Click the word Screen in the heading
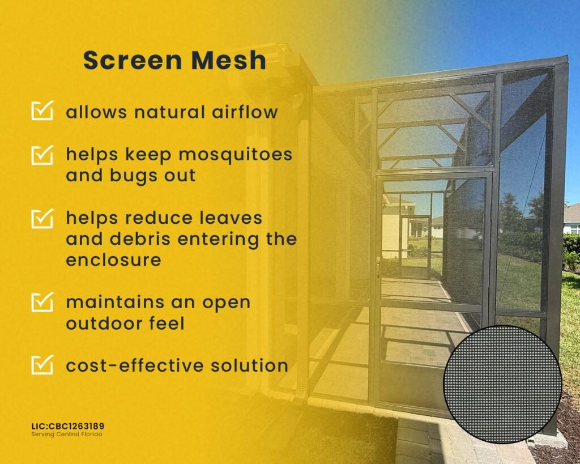tap(133, 60)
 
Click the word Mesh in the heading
tap(229, 60)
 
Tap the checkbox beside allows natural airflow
tap(42, 110)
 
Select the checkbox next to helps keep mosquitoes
tap(42, 155)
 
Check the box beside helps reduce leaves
tap(42, 218)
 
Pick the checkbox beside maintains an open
tap(42, 302)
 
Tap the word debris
tap(140, 239)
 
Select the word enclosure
tap(113, 259)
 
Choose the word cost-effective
tap(135, 365)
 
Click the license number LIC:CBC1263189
tap(68, 426)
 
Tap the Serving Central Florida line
tap(67, 435)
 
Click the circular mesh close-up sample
tap(503, 384)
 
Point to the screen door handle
tap(378, 266)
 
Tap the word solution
tap(250, 365)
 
